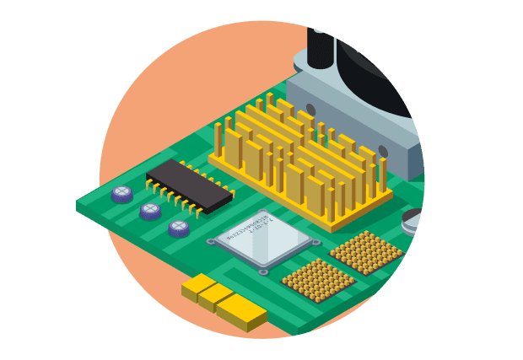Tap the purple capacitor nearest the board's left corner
pos(122,194)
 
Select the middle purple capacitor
pos(150,210)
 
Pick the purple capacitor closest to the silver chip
pos(179,228)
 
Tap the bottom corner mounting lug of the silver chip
pos(263,271)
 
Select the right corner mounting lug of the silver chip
pos(315,243)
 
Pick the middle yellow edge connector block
pos(216,298)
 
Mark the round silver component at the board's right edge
pos(414,221)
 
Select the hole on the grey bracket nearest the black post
pos(310,109)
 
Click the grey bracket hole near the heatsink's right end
pos(383,152)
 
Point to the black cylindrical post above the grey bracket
pos(318,46)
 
